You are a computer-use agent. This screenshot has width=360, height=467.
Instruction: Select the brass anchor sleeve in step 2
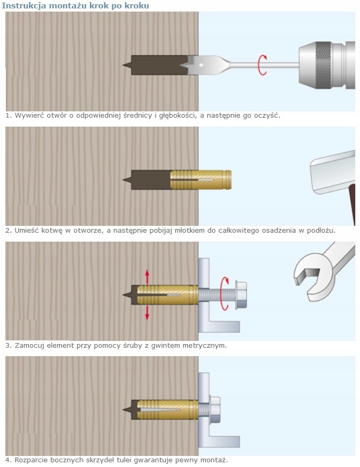point(202,180)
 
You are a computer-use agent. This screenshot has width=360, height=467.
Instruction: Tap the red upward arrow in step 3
point(147,276)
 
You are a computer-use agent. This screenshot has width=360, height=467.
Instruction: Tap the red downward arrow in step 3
point(147,311)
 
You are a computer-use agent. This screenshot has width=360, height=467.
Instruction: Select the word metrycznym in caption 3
point(206,346)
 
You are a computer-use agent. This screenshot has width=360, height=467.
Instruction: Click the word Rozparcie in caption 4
point(30,460)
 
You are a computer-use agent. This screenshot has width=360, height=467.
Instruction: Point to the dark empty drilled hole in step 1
point(152,65)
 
